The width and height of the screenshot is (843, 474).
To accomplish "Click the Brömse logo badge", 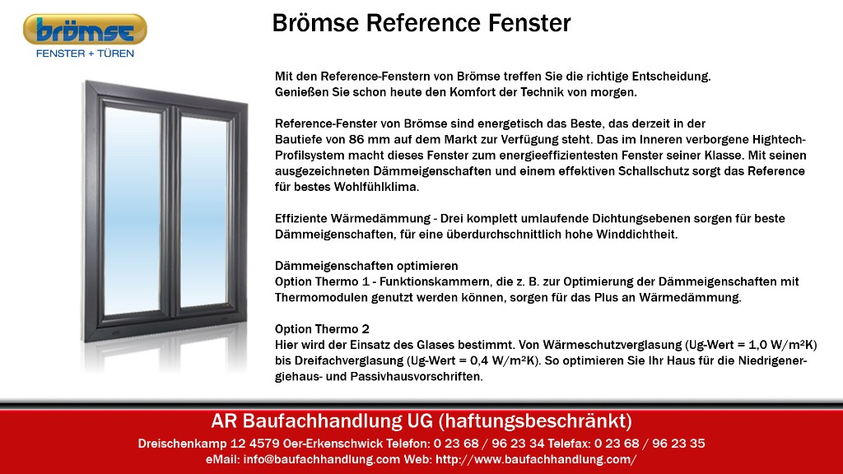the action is click(x=85, y=30).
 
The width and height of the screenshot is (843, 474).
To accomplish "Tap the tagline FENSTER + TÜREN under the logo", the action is click(x=85, y=53).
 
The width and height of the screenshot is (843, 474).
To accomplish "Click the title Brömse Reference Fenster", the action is click(x=421, y=23).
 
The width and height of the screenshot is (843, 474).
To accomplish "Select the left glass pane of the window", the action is click(x=132, y=211).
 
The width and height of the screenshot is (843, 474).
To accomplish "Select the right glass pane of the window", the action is click(x=203, y=211).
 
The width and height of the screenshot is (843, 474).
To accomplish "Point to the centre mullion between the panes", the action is click(x=171, y=211).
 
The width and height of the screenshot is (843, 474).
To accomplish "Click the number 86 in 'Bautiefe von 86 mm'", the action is click(x=356, y=140).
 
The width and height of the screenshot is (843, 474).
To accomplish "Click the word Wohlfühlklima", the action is click(x=376, y=187).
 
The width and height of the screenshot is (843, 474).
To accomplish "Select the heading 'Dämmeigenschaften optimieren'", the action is click(x=366, y=266).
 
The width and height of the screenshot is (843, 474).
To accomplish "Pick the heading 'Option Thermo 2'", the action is click(x=322, y=329).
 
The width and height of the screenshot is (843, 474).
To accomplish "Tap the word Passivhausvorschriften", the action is click(x=417, y=377).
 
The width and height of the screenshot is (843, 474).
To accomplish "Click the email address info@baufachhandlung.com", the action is click(x=322, y=459).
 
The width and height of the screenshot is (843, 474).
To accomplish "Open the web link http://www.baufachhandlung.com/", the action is click(x=536, y=459).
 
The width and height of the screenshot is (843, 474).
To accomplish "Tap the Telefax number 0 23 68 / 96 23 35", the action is click(x=650, y=444).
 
